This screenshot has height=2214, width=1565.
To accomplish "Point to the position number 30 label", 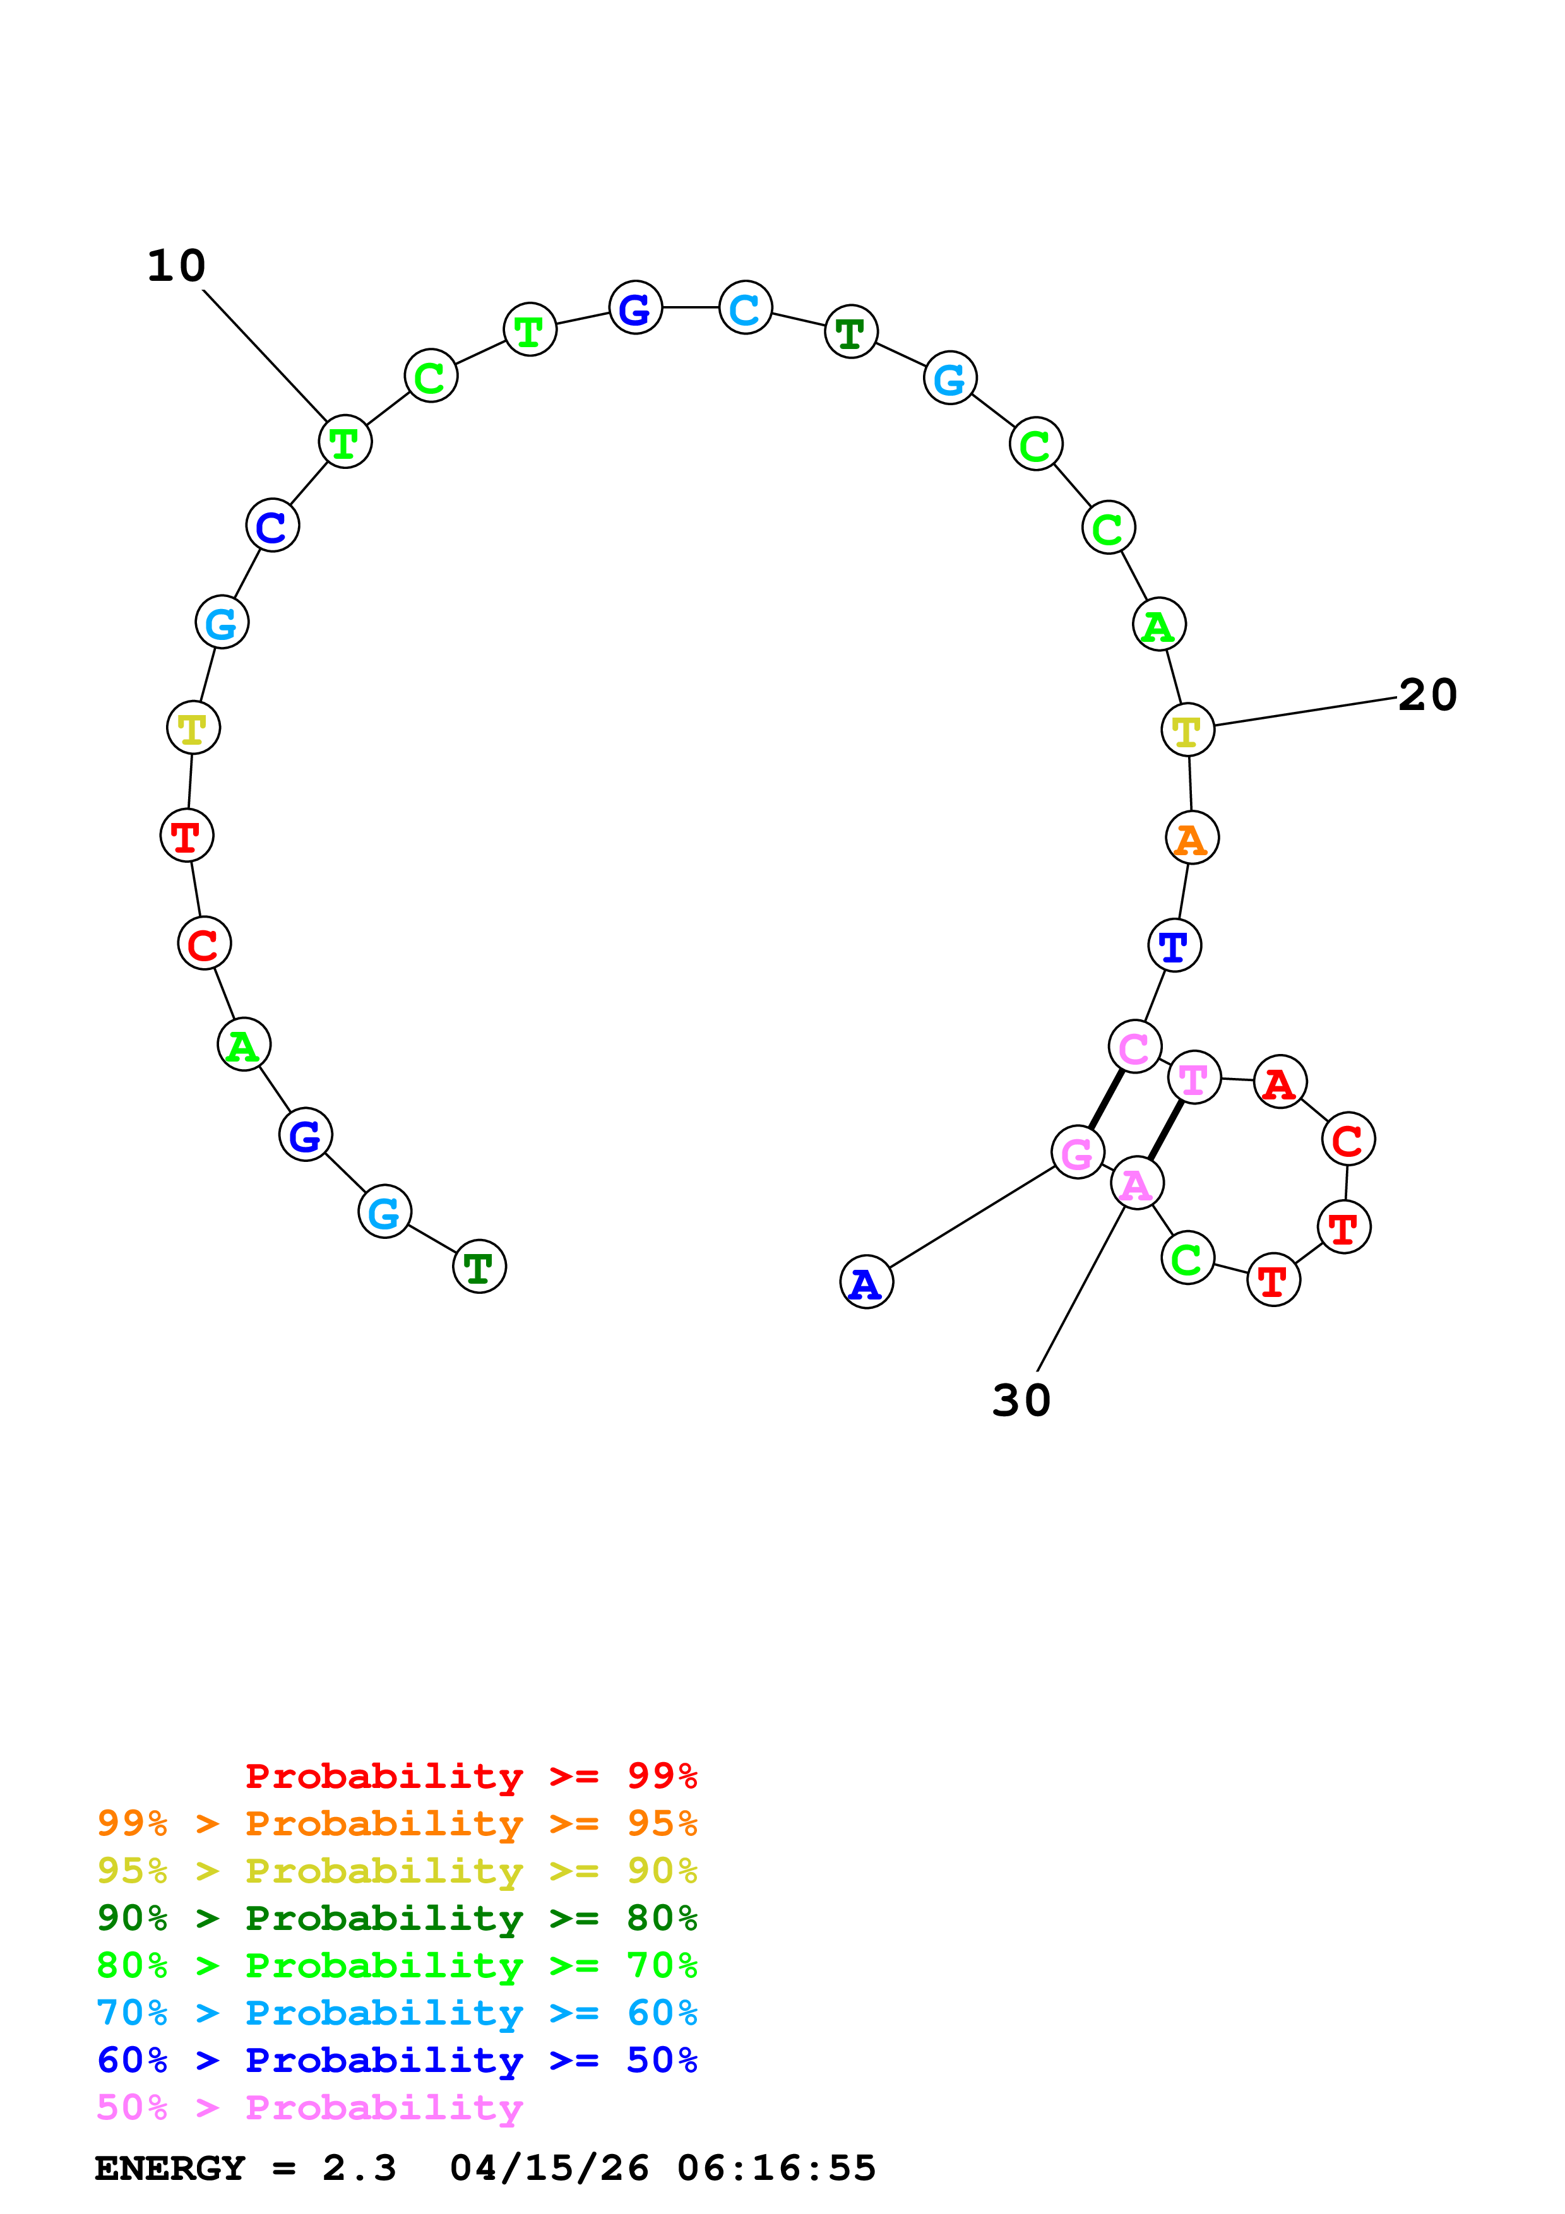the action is pos(1021,1400).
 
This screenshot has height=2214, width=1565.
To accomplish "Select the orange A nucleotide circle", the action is pos(1192,838).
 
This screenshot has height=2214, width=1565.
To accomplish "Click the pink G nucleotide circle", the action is pos(1077,1151).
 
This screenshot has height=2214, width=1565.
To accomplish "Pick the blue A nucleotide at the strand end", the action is pos(866,1282).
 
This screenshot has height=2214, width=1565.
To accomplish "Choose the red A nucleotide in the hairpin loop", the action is pos(1280,1082).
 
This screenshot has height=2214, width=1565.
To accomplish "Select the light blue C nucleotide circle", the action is pos(746,307).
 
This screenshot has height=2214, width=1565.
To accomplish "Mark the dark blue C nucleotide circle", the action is pos(272,526).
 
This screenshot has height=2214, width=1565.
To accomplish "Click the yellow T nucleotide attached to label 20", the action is pos(1187,730).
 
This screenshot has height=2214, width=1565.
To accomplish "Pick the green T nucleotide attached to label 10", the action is pos(344,442).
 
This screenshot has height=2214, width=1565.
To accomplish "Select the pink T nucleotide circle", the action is pos(1194,1077).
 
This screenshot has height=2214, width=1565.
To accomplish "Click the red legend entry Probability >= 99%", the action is pos(470,1776).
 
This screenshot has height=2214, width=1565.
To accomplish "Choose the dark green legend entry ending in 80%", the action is pos(396,1918).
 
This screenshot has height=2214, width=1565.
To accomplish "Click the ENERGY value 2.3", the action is pos(359,2169).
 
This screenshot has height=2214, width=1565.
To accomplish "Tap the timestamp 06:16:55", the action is pos(777,2169).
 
